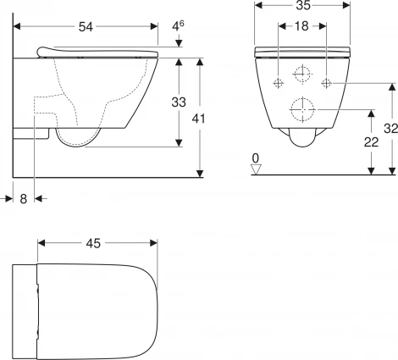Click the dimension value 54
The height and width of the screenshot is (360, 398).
point(86,27)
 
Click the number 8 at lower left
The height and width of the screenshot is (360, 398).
point(23,198)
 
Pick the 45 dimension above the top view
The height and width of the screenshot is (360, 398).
point(93,243)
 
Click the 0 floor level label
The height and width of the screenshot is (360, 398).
point(256,157)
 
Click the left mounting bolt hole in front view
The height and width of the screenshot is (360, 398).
point(278,82)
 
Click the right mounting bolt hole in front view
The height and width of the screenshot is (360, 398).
point(328,82)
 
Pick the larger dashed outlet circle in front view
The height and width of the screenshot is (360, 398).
point(302,109)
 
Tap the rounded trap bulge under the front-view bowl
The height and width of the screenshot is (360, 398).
point(302,141)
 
